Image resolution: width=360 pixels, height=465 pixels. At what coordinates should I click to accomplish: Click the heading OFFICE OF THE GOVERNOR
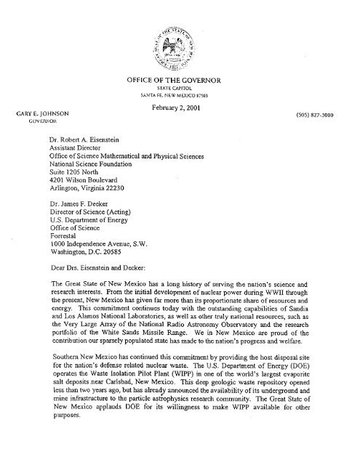pos(179,80)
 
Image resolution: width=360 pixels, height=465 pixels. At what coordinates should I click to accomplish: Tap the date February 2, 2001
pos(180,106)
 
